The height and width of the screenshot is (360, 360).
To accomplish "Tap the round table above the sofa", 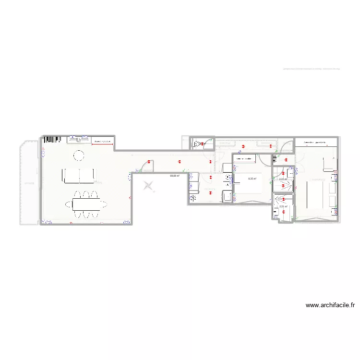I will [78, 155].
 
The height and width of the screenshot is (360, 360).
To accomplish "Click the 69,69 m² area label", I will [174, 176].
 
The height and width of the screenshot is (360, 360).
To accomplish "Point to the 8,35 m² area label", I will [252, 179].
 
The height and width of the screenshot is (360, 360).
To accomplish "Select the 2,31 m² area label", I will [283, 180].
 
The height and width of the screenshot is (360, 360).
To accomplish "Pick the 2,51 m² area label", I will [283, 207].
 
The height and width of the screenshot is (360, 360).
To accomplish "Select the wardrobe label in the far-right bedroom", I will [315, 143].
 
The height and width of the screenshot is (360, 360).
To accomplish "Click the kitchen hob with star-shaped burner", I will [193, 197].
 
